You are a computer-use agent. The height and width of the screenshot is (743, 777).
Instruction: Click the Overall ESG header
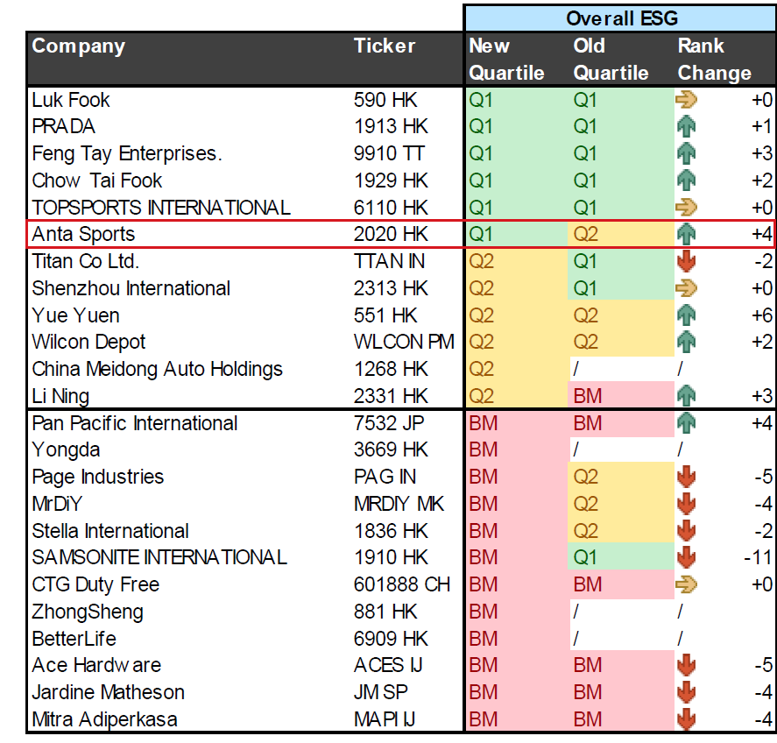(x=621, y=18)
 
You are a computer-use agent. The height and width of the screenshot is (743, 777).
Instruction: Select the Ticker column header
(x=385, y=46)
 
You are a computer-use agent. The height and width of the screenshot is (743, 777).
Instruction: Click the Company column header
(x=78, y=46)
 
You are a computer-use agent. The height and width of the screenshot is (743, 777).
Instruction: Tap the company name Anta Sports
(x=83, y=234)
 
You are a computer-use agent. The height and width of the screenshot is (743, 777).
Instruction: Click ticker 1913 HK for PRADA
(x=391, y=126)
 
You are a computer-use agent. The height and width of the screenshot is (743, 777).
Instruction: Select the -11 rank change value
(x=758, y=557)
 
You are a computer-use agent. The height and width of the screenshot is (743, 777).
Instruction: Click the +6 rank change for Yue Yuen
(x=761, y=315)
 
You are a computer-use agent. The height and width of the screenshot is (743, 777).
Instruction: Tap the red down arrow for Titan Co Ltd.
(x=686, y=261)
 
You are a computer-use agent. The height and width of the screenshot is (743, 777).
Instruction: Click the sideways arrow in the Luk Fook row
(x=686, y=100)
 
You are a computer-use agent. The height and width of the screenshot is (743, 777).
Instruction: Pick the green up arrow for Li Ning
(x=686, y=396)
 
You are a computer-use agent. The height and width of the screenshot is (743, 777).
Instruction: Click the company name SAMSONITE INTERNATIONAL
(x=159, y=557)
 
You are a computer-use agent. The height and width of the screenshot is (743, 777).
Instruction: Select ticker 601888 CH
(x=402, y=584)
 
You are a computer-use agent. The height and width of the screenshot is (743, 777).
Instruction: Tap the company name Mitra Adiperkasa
(x=104, y=719)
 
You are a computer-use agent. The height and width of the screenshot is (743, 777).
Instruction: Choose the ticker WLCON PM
(x=404, y=342)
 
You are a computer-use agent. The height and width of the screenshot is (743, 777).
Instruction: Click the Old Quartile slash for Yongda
(x=576, y=449)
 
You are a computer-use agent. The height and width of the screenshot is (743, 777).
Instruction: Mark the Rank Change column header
(x=715, y=60)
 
